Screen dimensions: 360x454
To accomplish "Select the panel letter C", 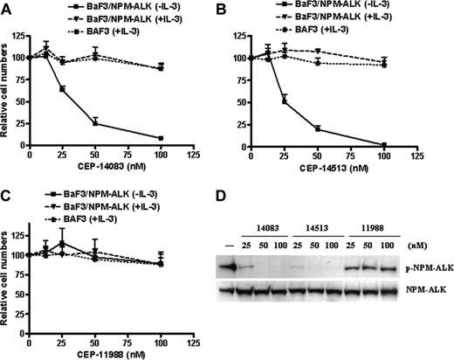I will click(x=6, y=197).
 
